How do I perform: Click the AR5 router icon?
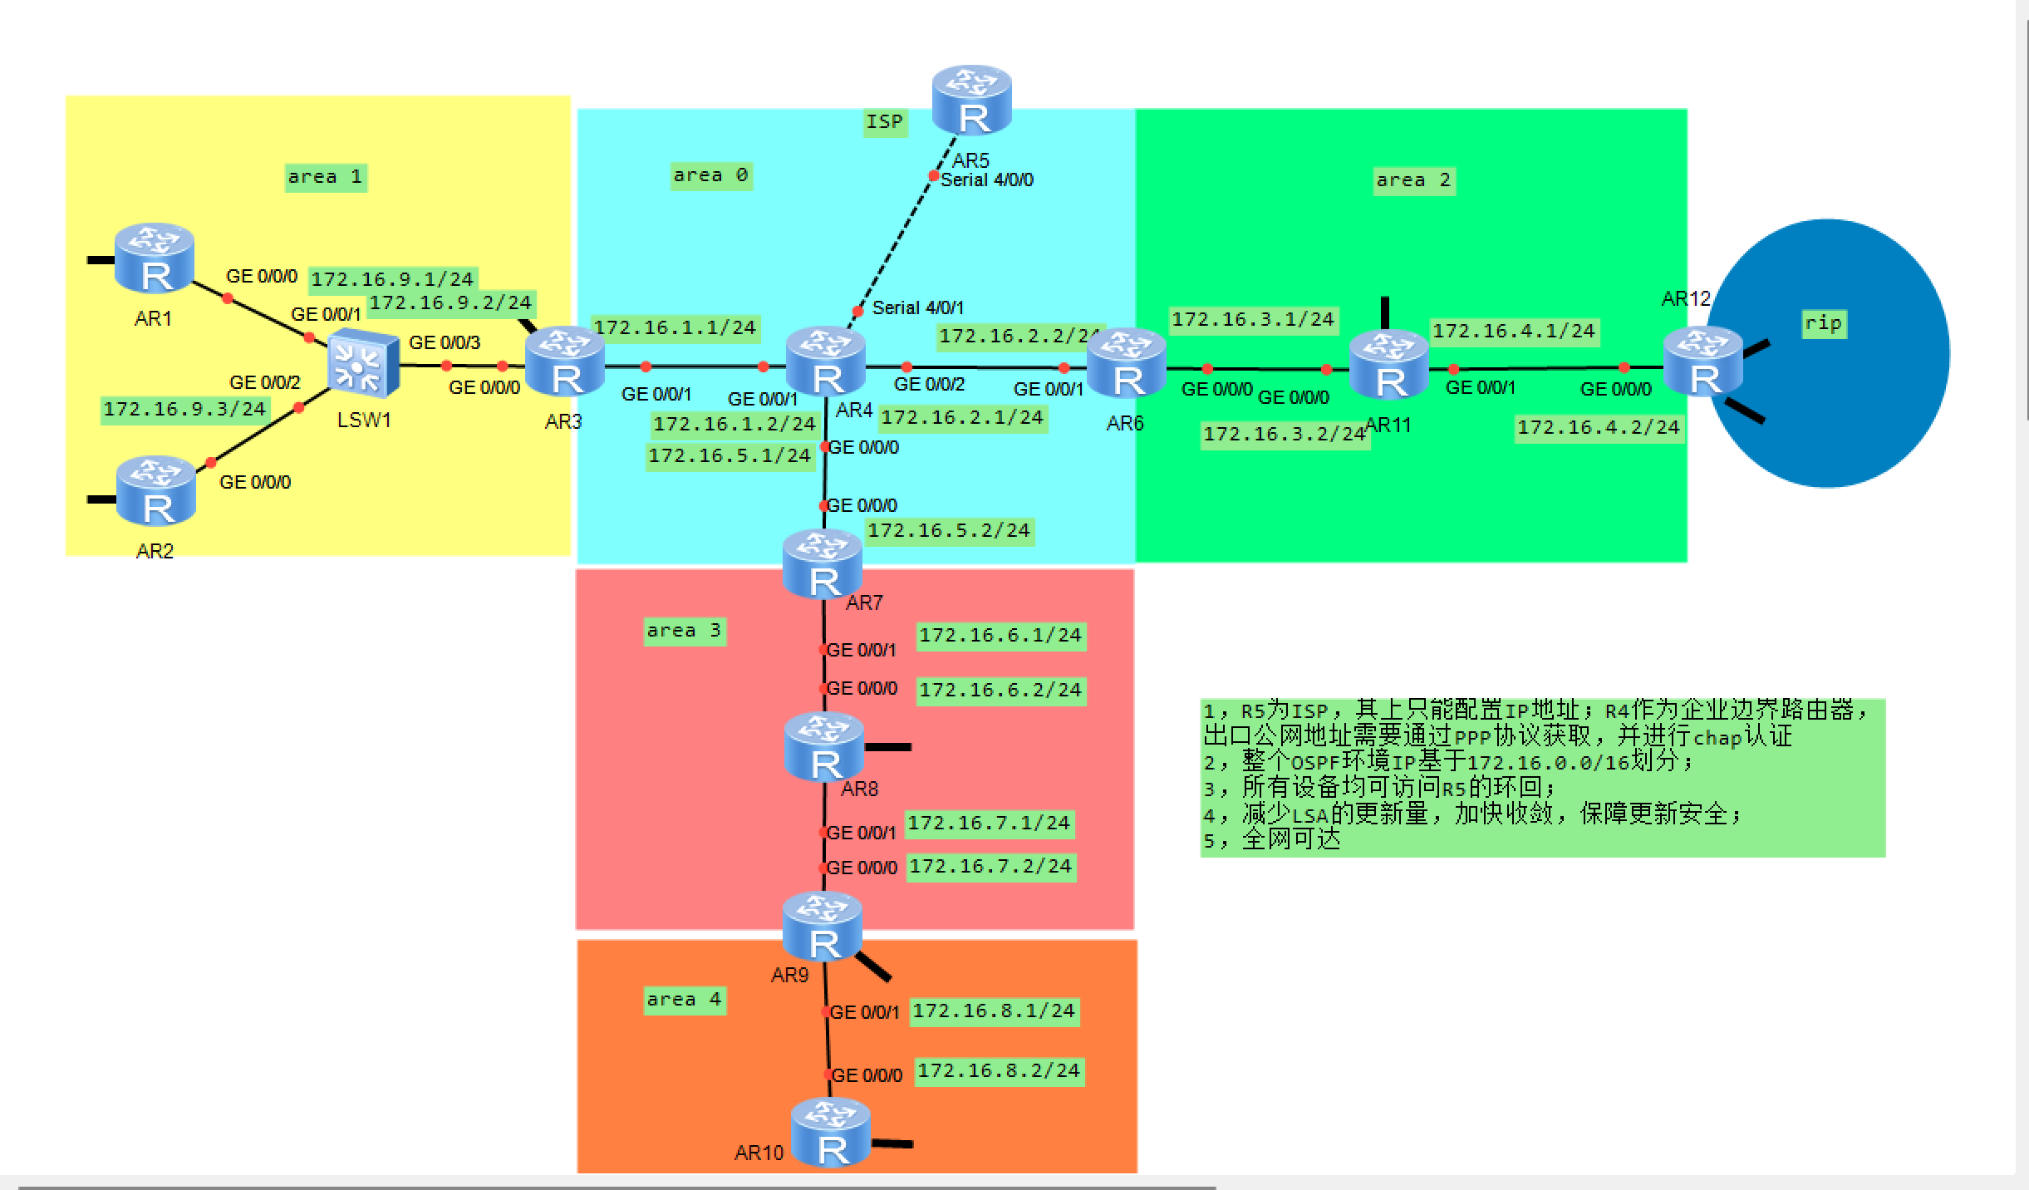point(971,101)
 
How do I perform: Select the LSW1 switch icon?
point(362,364)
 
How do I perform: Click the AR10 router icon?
point(830,1132)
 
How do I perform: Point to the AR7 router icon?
point(823,564)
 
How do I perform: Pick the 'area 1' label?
point(325,177)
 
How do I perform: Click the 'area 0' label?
point(710,175)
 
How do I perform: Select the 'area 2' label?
point(1412,180)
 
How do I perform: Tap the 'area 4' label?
point(684,1000)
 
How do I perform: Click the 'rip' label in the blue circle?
point(1823,322)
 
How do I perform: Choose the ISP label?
point(884,122)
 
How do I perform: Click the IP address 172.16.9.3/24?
point(184,409)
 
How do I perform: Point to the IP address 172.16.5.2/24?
point(949,530)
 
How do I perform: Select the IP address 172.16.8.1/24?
point(994,1011)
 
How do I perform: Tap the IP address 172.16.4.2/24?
point(1598,427)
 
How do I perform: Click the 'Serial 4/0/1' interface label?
point(917,308)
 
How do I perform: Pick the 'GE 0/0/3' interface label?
point(445,342)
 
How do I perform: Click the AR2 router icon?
point(156,491)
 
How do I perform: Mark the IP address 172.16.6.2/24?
point(1000,690)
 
